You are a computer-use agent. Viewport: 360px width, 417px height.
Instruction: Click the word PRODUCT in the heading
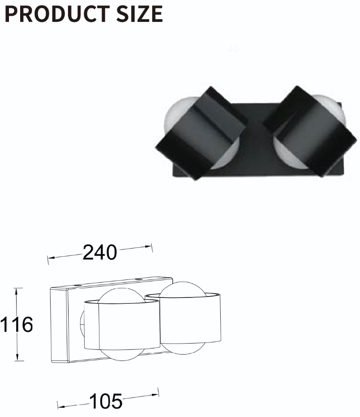point(57,14)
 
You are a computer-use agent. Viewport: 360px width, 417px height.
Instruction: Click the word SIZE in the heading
point(139,14)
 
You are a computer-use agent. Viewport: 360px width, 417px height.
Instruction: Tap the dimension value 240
point(100,252)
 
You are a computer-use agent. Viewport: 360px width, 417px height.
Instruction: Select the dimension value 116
point(17,324)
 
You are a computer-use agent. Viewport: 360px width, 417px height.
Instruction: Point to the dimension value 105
point(106,401)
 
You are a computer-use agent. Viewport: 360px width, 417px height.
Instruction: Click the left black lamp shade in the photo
point(200,133)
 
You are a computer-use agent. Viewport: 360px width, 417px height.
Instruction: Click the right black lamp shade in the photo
point(310,131)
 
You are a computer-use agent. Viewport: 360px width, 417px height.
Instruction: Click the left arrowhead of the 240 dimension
point(51,258)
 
